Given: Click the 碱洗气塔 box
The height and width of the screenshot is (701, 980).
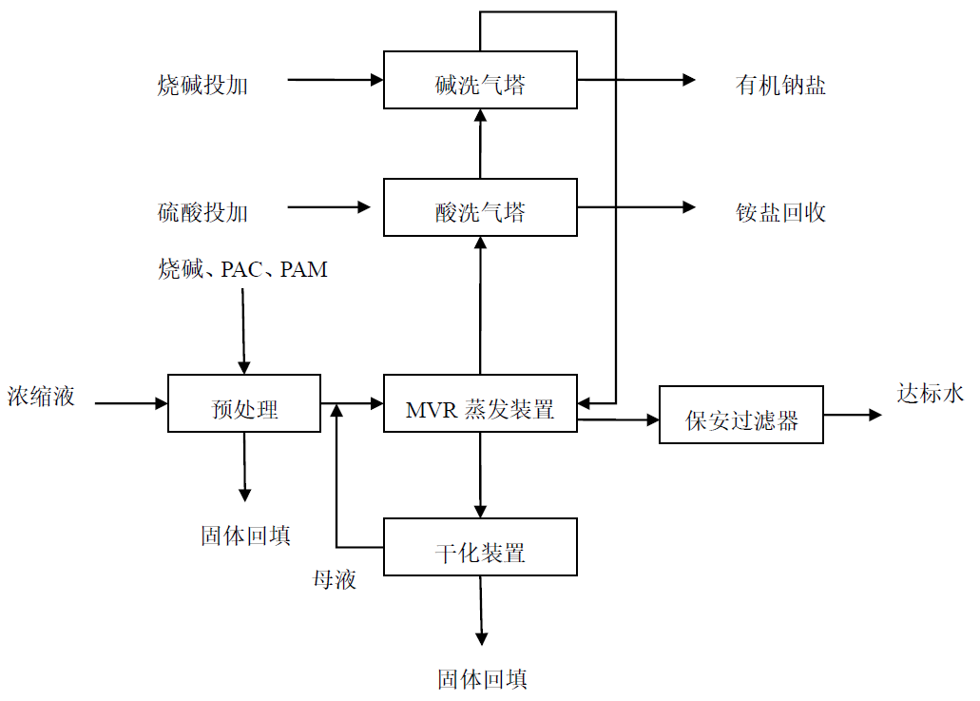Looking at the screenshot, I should click(x=480, y=80).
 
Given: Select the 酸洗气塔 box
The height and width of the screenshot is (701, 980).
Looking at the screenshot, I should click(x=480, y=206).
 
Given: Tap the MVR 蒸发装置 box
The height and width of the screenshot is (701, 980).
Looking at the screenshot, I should click(x=480, y=403).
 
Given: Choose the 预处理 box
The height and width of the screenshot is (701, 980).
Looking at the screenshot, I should click(x=244, y=403).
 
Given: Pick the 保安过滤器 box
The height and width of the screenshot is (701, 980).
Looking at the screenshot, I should click(x=741, y=415).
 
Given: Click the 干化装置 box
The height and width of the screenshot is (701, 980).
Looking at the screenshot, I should click(x=480, y=547).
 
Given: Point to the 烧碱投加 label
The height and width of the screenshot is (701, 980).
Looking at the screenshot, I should click(x=202, y=86).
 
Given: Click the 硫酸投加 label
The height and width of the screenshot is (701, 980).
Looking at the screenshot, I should click(x=202, y=212).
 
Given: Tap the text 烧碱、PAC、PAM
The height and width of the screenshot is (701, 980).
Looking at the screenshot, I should click(x=242, y=270).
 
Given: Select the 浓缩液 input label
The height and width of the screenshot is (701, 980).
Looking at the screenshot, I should click(x=42, y=396).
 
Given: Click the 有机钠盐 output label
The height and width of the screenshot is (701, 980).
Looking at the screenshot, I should click(x=780, y=86).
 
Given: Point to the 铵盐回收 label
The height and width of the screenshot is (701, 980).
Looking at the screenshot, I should click(x=780, y=212).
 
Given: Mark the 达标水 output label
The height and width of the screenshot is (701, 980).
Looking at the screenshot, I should click(x=931, y=393).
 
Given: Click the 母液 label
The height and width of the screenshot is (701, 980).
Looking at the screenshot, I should click(x=335, y=578).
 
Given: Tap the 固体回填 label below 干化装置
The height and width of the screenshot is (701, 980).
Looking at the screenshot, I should click(x=482, y=679).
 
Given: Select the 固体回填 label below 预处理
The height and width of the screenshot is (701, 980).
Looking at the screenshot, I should click(x=245, y=535).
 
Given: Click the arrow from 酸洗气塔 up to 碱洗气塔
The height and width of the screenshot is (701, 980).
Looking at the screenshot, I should click(x=480, y=143).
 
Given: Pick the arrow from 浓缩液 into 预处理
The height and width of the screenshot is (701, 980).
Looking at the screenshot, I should click(x=131, y=403).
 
